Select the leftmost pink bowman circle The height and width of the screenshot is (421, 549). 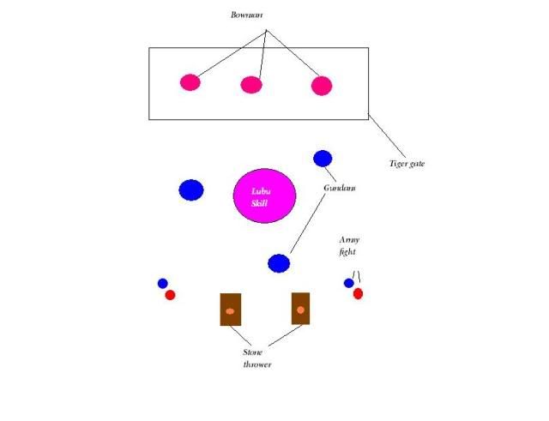point(190,82)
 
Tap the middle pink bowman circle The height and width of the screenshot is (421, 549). point(250,85)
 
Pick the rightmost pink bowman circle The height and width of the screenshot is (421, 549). point(321,86)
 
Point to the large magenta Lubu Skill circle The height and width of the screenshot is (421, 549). point(265,195)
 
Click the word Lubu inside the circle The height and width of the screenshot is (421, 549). point(261,191)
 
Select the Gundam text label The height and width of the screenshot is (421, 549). point(340,188)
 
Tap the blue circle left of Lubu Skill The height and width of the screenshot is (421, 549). point(191,190)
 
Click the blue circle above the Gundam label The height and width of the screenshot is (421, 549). point(323,158)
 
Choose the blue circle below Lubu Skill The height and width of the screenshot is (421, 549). point(279,263)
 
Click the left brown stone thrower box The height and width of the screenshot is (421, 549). point(230,310)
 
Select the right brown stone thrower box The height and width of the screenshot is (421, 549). point(300,309)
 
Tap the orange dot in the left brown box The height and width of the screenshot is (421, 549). point(230,311)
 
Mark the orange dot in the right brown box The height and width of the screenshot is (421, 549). point(300,310)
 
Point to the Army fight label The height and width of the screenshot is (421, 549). point(347,247)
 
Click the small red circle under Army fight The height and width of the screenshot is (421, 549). point(358,293)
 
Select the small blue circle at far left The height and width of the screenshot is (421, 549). point(162,283)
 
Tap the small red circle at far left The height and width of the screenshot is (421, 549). point(170,295)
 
